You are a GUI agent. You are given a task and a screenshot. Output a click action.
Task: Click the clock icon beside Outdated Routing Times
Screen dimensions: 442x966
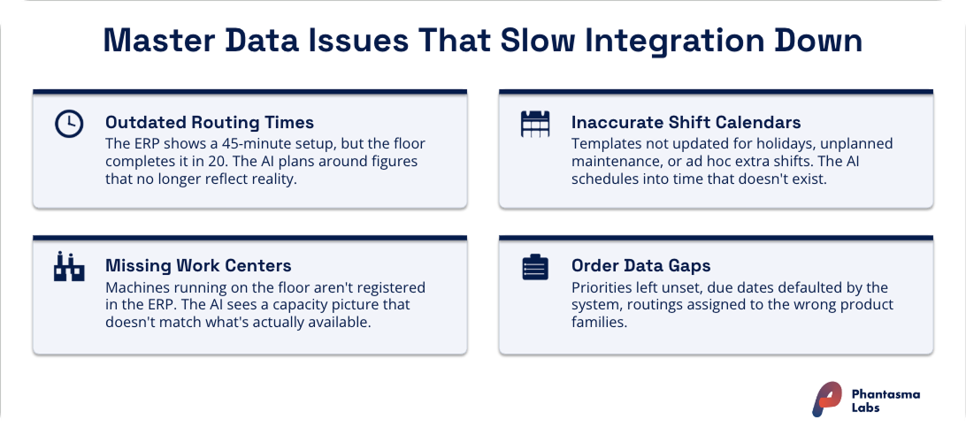68,124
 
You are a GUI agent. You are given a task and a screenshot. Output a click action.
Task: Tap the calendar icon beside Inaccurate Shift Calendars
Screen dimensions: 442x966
534,124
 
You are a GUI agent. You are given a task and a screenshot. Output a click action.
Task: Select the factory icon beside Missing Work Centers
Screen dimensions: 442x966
68,267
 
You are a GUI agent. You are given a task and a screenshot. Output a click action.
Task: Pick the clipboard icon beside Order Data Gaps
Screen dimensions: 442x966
534,267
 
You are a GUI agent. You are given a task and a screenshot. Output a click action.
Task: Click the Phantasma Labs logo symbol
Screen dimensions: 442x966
827,400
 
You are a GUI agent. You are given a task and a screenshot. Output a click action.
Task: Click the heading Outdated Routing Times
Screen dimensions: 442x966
209,122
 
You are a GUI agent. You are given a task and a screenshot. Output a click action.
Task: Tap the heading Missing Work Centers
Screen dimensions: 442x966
198,265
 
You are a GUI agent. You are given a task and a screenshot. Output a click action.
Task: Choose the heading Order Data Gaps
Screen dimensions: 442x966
640,265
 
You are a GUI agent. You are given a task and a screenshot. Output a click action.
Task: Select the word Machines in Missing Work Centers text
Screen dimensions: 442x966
134,287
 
